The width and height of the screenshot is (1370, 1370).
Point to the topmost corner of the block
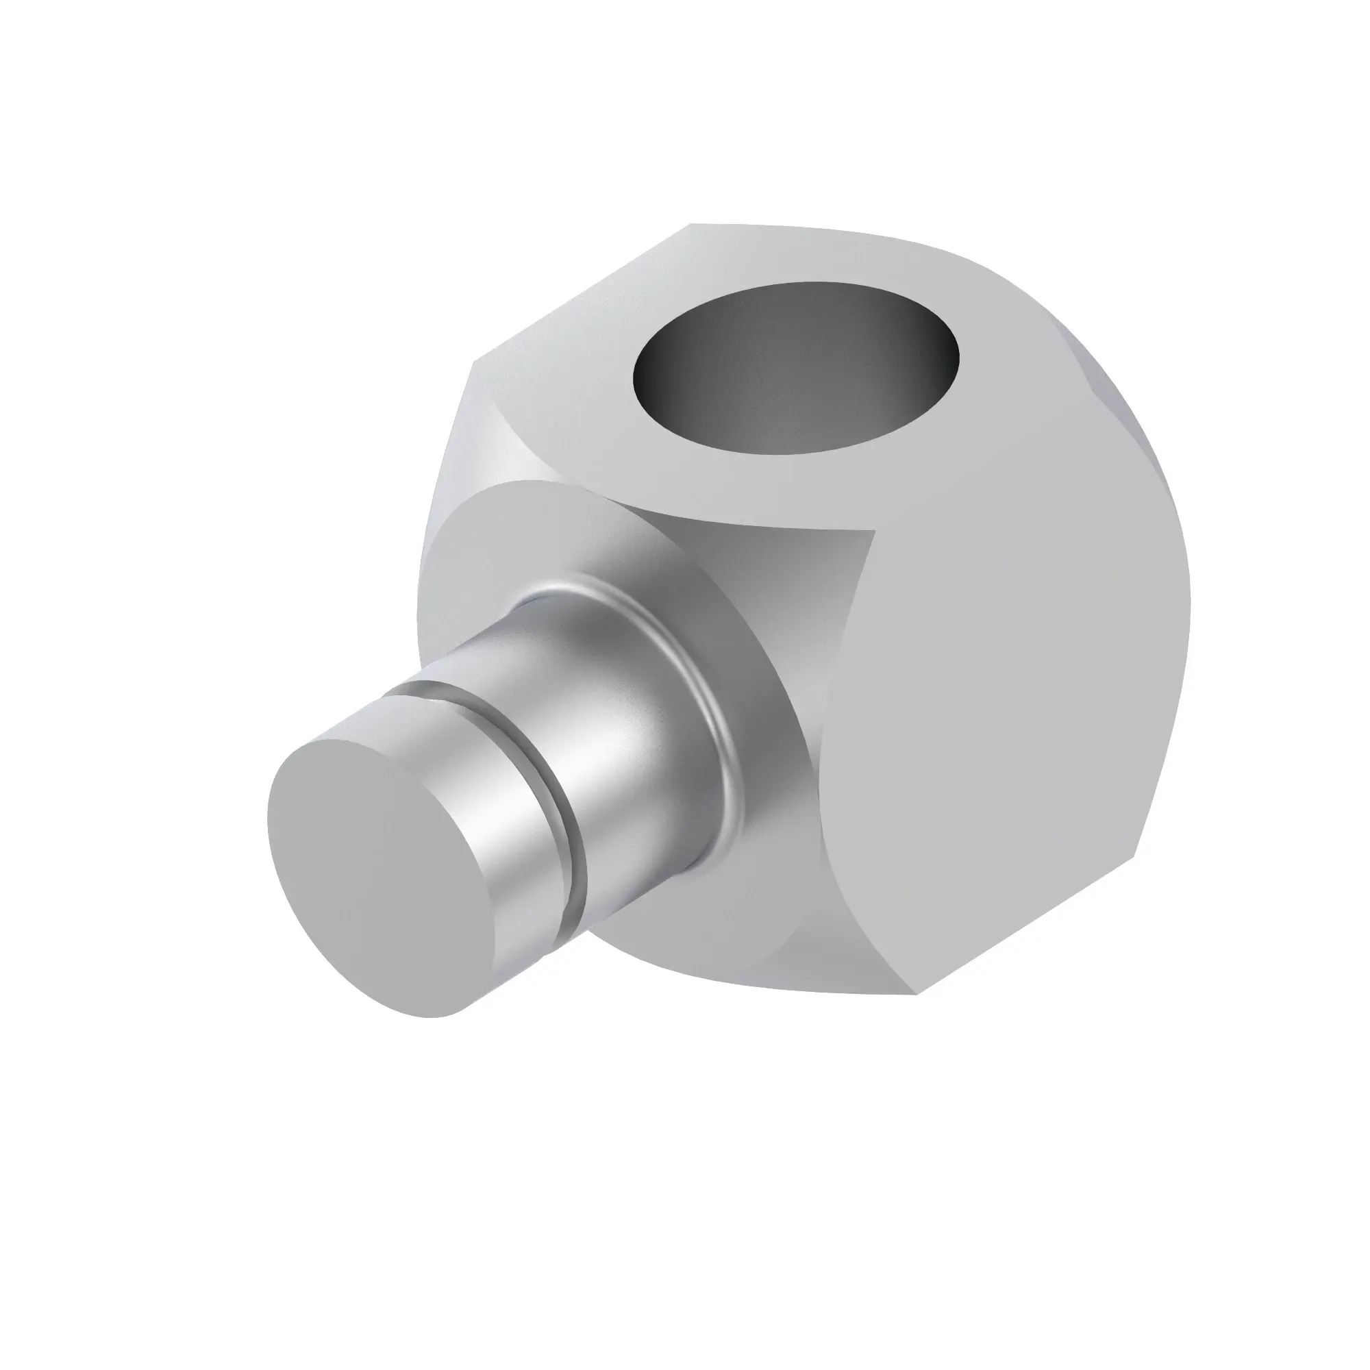click(x=691, y=225)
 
